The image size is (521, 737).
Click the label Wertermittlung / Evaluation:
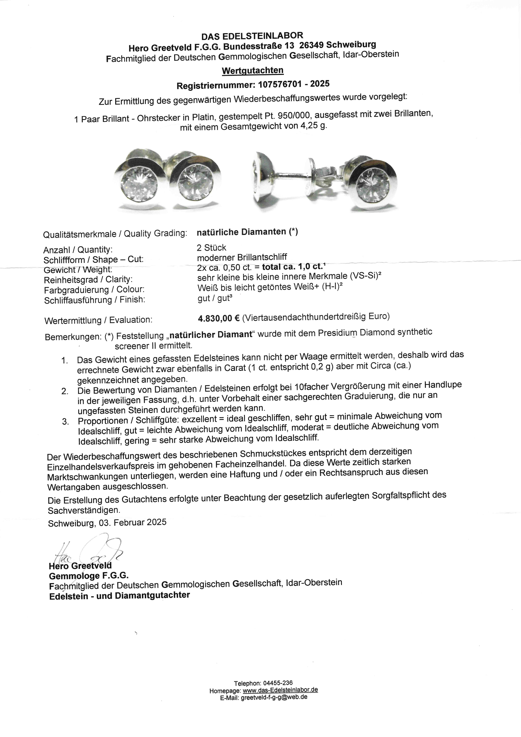(98, 320)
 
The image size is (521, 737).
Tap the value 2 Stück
(211, 248)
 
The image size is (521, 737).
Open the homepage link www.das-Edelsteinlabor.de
(280, 690)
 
